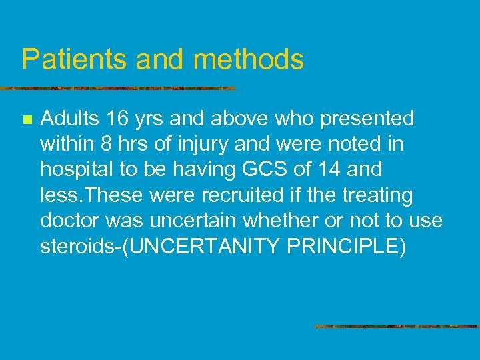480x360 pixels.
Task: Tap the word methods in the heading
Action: (249, 59)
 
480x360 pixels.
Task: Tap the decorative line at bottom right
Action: (397, 327)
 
